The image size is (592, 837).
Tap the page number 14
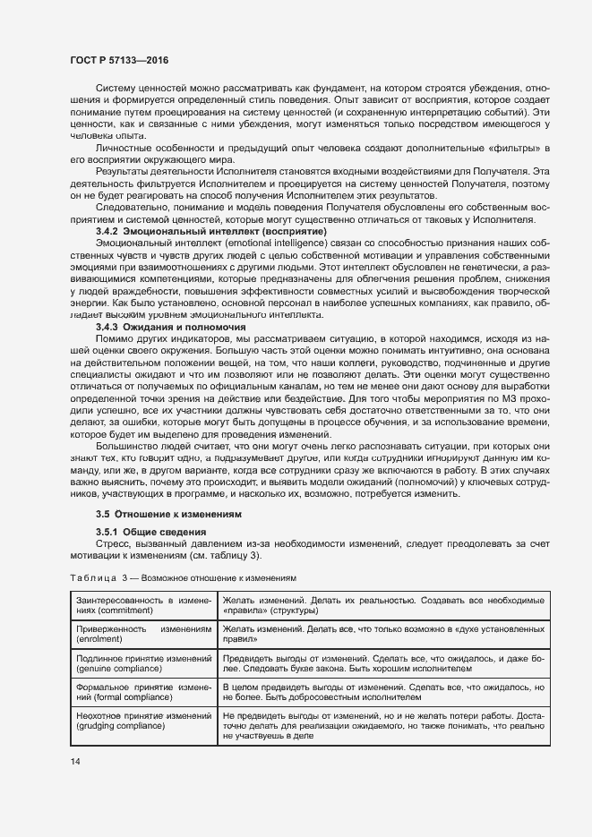(x=74, y=761)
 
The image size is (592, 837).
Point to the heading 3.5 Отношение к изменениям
(x=167, y=514)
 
